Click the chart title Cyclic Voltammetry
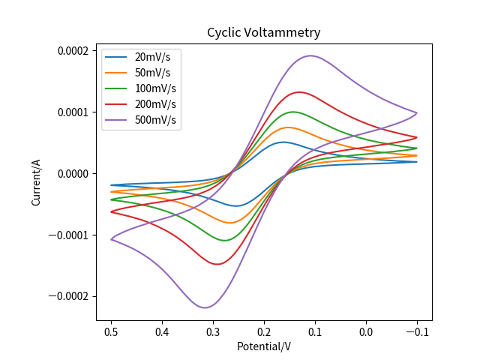coord(264,33)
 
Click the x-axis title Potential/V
coord(264,346)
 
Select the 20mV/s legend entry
coord(152,57)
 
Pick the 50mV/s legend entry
coord(152,73)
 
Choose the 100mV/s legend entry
coord(155,88)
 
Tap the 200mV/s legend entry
coord(155,104)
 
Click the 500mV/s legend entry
coord(155,120)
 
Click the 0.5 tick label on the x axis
coord(111,331)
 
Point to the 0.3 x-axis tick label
coord(213,331)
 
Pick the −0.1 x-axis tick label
coord(417,331)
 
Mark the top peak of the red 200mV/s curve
coord(299,92)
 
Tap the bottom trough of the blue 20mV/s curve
coord(236,205)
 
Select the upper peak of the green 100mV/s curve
coord(292,112)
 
